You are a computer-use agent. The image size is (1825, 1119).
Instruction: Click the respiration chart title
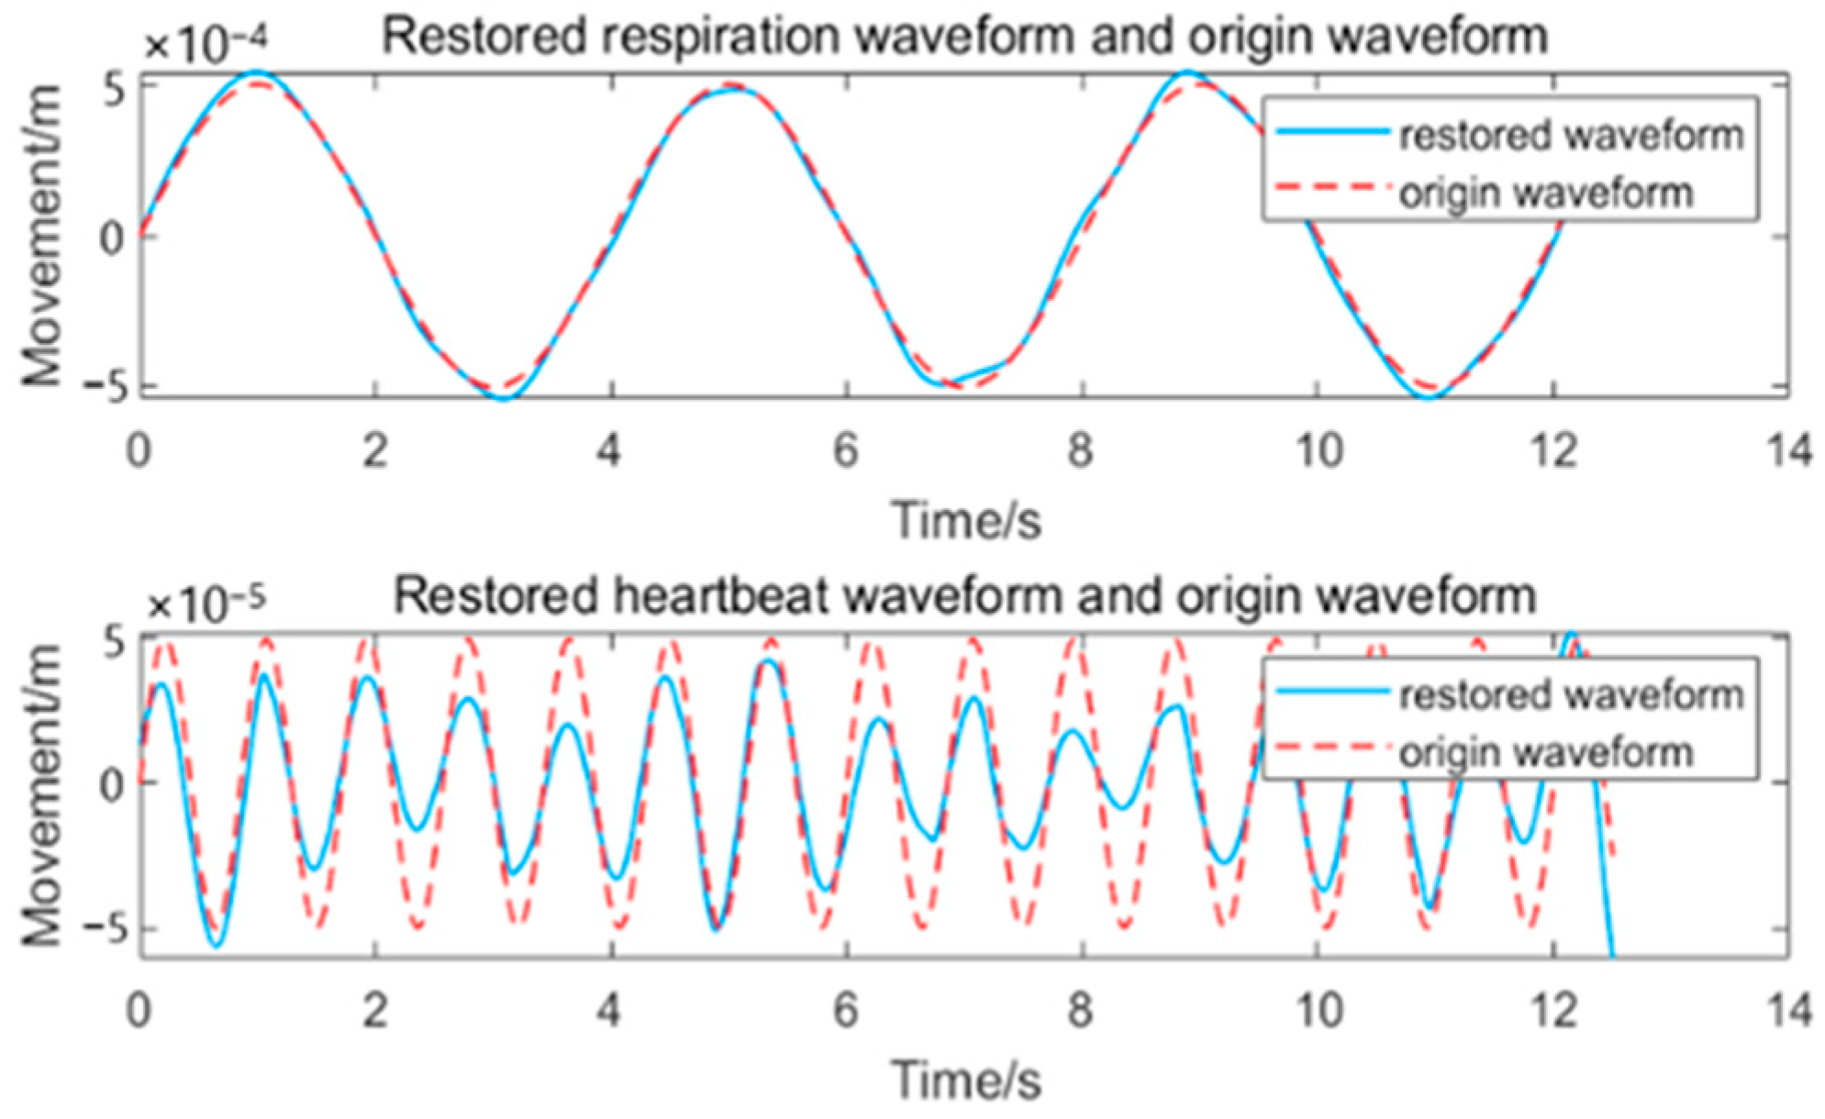coord(964,37)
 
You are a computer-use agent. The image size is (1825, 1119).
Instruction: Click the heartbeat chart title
coord(964,596)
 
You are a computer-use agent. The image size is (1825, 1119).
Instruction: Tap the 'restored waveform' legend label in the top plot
coord(1571,136)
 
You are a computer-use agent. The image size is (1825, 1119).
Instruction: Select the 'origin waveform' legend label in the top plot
coord(1546,194)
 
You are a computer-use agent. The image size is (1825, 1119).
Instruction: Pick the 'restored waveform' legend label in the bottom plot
coord(1571,695)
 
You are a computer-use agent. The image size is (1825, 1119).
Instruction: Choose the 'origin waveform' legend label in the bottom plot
coord(1546,753)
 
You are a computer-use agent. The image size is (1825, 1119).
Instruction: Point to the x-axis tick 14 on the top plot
coord(1789,451)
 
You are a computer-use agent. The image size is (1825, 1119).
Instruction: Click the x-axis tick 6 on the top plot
coord(846,451)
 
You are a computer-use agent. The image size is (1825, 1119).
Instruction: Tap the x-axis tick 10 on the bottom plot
coord(1319,1011)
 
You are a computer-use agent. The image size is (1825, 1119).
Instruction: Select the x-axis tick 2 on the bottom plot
coord(374,1011)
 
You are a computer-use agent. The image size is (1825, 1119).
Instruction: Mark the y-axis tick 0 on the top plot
coord(113,238)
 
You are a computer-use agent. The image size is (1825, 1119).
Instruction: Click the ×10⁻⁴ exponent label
coord(205,44)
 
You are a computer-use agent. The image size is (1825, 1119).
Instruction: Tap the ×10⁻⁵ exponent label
coord(205,604)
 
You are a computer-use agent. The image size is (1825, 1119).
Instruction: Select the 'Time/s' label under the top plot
coord(966,520)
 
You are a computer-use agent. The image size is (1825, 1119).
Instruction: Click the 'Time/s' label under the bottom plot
coord(966,1080)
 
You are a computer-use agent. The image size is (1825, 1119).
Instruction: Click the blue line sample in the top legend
coord(1331,134)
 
